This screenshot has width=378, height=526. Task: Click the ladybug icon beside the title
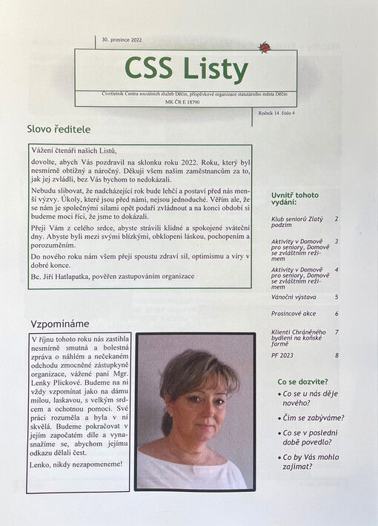264,47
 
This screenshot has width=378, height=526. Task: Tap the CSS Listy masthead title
186,69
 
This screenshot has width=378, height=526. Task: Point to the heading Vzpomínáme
60,324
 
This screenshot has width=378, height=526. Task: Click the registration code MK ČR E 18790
186,102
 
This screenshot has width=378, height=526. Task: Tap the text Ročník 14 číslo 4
274,113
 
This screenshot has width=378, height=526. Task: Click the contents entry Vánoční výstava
294,297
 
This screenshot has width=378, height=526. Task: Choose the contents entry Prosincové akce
294,314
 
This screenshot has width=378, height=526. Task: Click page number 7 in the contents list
336,332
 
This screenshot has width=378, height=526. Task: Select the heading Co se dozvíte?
302,381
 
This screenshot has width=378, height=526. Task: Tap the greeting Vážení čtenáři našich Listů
74,151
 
